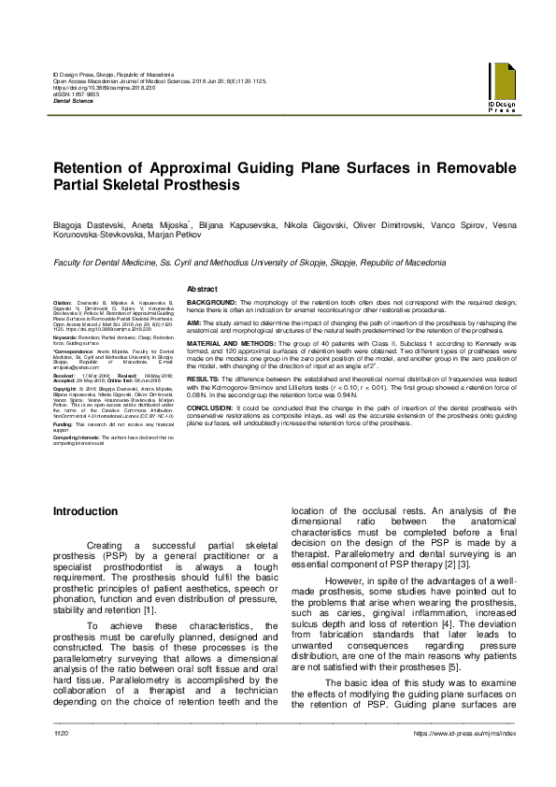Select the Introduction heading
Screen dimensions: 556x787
[x=85, y=511]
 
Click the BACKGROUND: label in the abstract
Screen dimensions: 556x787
[x=211, y=304]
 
